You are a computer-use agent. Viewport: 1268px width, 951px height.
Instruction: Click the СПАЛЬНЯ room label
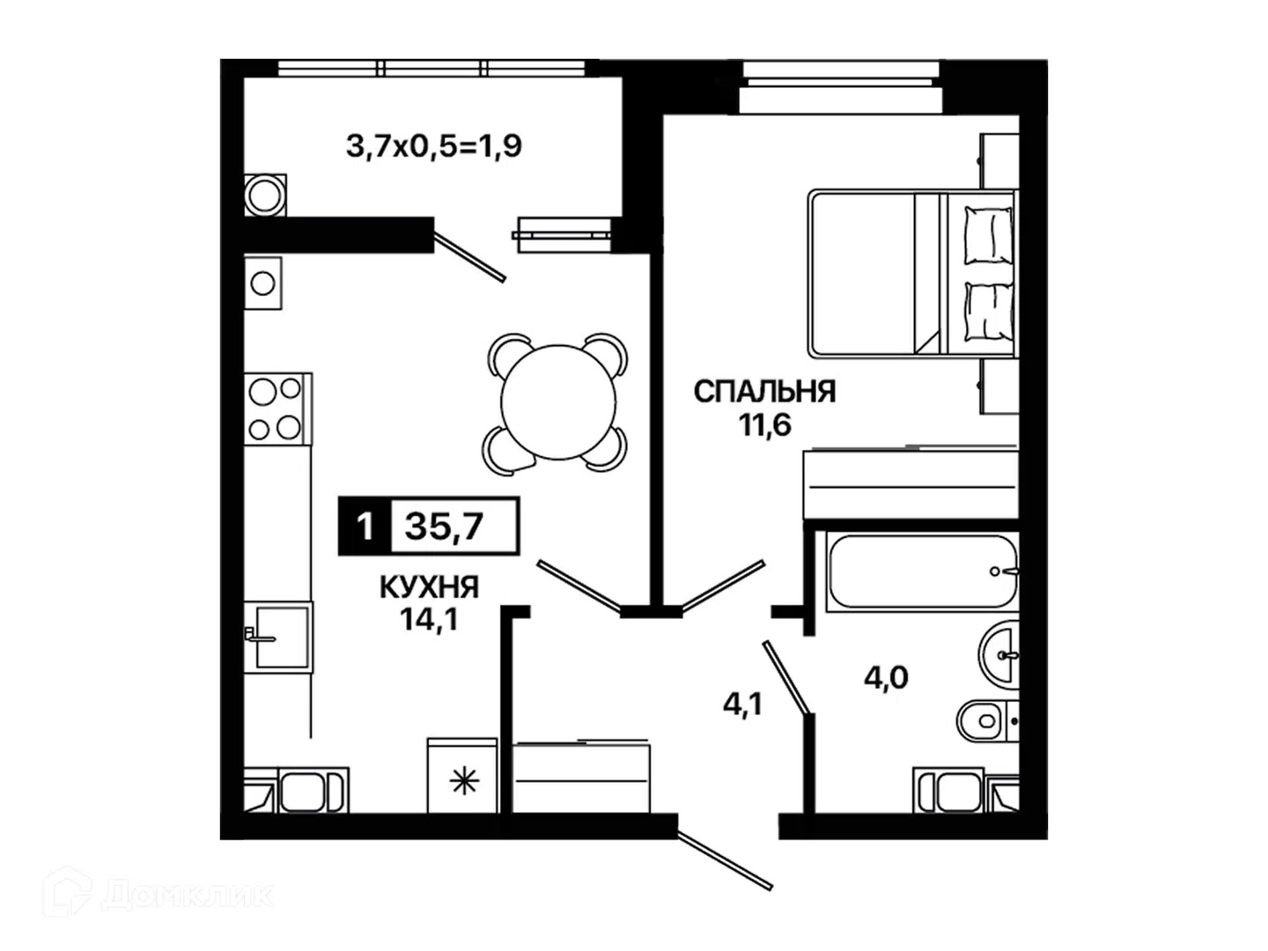(764, 392)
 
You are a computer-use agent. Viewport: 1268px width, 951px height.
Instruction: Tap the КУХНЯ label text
(429, 588)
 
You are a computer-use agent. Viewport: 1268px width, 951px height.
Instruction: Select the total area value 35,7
(444, 526)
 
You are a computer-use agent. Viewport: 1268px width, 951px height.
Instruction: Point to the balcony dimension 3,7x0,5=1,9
(434, 146)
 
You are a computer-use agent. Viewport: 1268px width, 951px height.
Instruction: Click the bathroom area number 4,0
(886, 677)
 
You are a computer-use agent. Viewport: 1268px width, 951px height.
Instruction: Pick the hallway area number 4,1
(743, 704)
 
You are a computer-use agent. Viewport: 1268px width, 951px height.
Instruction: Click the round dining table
(558, 402)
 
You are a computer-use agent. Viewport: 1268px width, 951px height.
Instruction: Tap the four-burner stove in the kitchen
(278, 409)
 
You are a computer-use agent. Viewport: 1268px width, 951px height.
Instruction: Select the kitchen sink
(278, 637)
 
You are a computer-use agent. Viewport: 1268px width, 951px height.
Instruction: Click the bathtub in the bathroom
(923, 571)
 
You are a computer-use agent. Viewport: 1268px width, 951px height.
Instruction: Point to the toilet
(987, 720)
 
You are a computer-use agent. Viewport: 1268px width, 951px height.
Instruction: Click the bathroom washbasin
(999, 654)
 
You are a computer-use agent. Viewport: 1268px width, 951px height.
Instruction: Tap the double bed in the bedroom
(913, 274)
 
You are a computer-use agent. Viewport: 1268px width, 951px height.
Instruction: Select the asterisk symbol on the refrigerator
(464, 783)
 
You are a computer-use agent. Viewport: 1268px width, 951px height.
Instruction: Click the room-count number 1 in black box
(365, 527)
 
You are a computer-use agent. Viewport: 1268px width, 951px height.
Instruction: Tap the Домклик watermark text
(187, 895)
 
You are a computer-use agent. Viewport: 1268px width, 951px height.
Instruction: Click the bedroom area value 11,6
(764, 426)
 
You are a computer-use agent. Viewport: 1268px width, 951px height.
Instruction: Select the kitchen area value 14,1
(429, 621)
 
